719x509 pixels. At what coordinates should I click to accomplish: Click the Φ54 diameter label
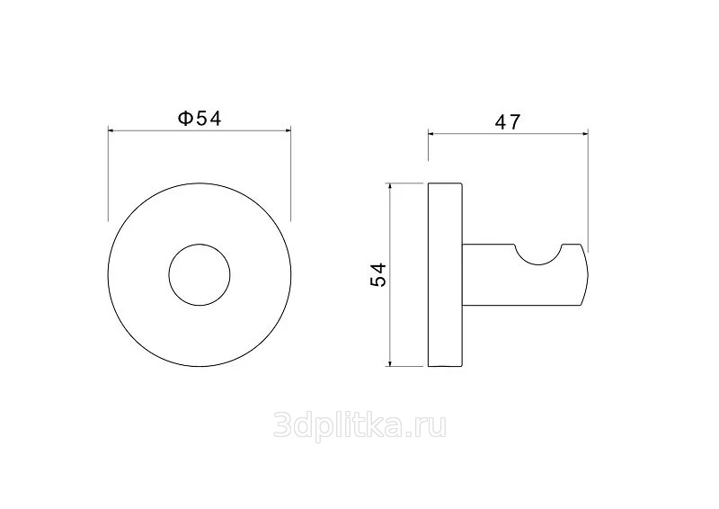click(200, 119)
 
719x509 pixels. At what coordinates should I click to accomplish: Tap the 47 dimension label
click(508, 122)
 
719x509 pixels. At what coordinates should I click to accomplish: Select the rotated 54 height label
click(378, 275)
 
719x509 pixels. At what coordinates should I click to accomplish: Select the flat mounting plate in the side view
click(445, 275)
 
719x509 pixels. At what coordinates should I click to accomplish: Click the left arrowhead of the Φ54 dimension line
click(111, 130)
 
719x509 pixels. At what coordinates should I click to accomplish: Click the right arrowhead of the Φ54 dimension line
click(288, 130)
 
